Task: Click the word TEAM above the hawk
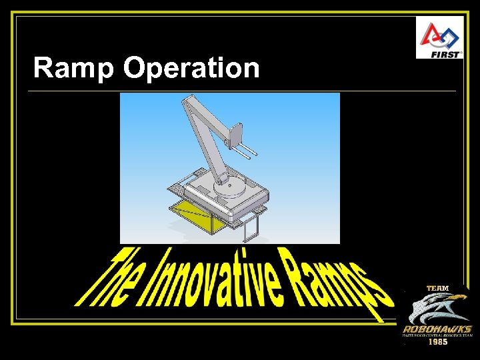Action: (x=438, y=288)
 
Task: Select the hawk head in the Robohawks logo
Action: (x=433, y=308)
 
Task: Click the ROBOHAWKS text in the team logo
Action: (x=437, y=329)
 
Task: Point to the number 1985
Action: (x=437, y=342)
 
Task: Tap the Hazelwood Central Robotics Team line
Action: (x=437, y=336)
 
